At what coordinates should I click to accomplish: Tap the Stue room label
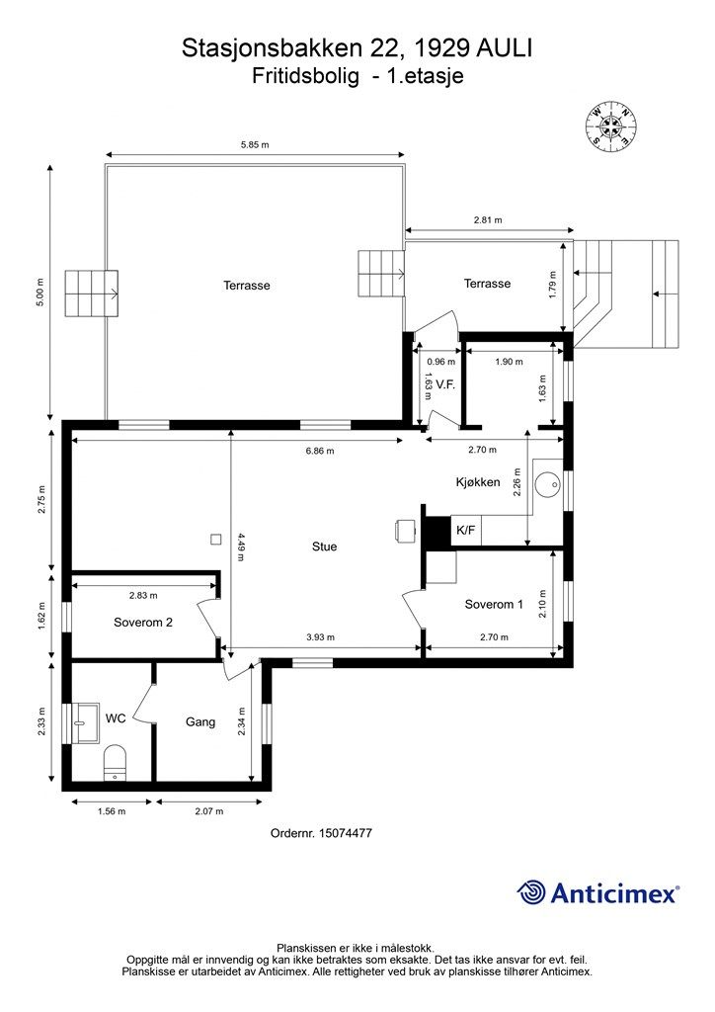[x=324, y=547]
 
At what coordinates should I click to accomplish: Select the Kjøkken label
[x=478, y=482]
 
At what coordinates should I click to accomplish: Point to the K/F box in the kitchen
[x=465, y=531]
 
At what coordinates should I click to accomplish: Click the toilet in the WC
[x=115, y=762]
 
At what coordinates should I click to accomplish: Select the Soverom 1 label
[x=494, y=604]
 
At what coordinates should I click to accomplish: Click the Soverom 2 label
[x=143, y=623]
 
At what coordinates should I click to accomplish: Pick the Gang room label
[x=199, y=722]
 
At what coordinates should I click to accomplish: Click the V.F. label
[x=445, y=384]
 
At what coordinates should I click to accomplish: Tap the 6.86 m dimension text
[x=320, y=451]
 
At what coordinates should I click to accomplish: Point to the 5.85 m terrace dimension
[x=255, y=145]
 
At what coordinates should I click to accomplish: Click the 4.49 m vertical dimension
[x=241, y=547]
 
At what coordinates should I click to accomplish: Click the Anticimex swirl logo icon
[x=531, y=892]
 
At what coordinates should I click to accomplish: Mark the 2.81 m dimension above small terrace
[x=488, y=220]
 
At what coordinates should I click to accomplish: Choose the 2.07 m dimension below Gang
[x=209, y=811]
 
